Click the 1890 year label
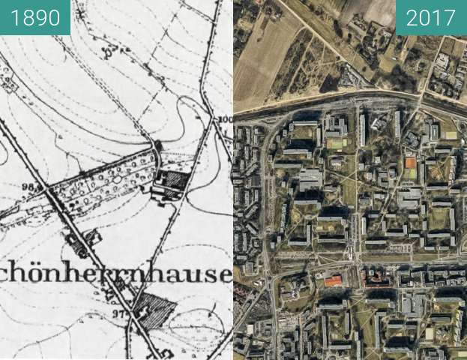pos(34,17)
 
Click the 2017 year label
pos(431,17)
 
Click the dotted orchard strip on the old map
pos(101,180)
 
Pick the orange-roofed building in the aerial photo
pos(333,280)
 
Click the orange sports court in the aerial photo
pos(410,163)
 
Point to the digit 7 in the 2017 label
pos(449,17)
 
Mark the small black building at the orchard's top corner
pos(157,144)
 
